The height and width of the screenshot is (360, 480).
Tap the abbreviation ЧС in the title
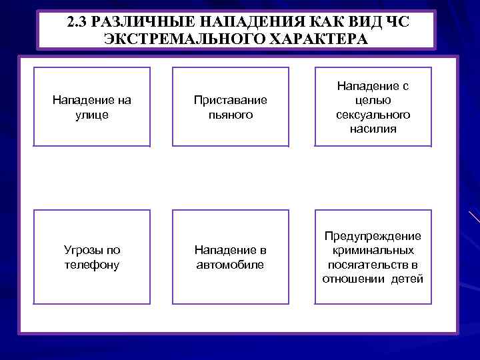click(397, 21)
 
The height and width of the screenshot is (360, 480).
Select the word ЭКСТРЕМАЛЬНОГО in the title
click(174, 39)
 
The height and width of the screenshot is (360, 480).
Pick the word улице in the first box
click(92, 115)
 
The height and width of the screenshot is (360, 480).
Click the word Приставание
click(230, 100)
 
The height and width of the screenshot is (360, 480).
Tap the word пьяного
click(230, 115)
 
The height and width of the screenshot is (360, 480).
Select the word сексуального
click(373, 115)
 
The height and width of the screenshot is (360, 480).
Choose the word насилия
click(373, 129)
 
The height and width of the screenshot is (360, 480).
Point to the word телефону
click(92, 265)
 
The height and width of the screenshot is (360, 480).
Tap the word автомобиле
click(230, 265)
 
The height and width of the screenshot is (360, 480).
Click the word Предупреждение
click(373, 236)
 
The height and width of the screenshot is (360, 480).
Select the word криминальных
click(373, 250)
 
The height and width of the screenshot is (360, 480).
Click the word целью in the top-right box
click(373, 100)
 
